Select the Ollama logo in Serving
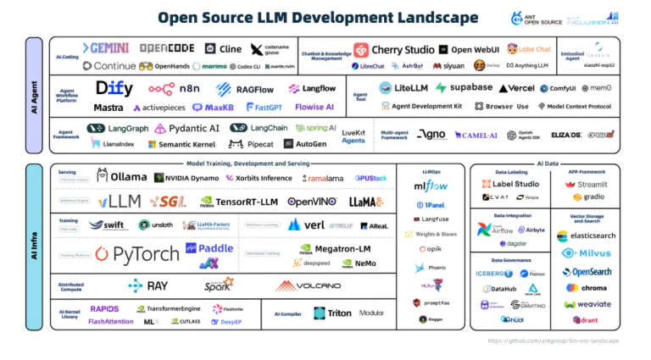[121, 178]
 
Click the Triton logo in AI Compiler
[332, 313]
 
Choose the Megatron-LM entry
[337, 248]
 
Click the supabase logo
[464, 88]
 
